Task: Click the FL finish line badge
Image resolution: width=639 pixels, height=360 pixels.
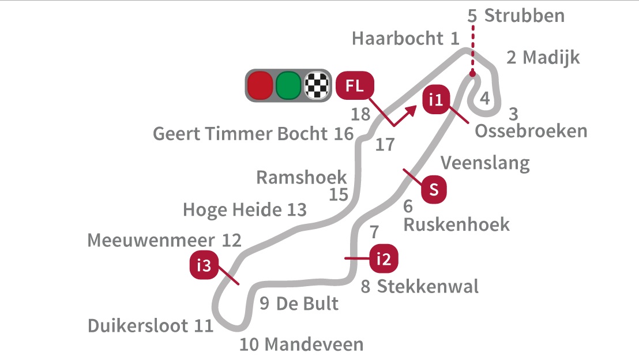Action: click(x=355, y=85)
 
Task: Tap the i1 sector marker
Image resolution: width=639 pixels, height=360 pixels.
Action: click(x=435, y=100)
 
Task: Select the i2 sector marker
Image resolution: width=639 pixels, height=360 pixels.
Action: click(x=384, y=258)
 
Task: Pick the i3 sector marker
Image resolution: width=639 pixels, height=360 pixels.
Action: click(x=204, y=265)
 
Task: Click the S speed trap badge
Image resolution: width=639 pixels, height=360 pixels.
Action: click(x=434, y=190)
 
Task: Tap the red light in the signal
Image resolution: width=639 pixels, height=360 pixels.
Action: click(x=260, y=85)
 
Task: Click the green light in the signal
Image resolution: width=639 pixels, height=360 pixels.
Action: click(x=288, y=85)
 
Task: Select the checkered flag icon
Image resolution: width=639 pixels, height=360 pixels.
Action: click(x=317, y=85)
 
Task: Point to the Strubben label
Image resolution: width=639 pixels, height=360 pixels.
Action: click(x=524, y=16)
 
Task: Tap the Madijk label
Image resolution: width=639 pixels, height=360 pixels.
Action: click(x=551, y=58)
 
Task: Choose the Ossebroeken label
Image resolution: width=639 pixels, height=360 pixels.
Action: click(x=531, y=132)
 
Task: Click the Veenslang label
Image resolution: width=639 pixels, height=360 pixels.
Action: click(x=485, y=163)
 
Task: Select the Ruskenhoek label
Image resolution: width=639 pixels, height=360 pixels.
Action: click(x=456, y=224)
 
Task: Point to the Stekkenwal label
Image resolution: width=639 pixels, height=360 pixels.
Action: click(x=427, y=287)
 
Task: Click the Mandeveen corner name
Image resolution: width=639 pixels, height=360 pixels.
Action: click(x=314, y=345)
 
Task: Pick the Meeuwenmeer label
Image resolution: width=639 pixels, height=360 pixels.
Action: click(x=151, y=241)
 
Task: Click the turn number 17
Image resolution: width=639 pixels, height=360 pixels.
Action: click(x=385, y=145)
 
